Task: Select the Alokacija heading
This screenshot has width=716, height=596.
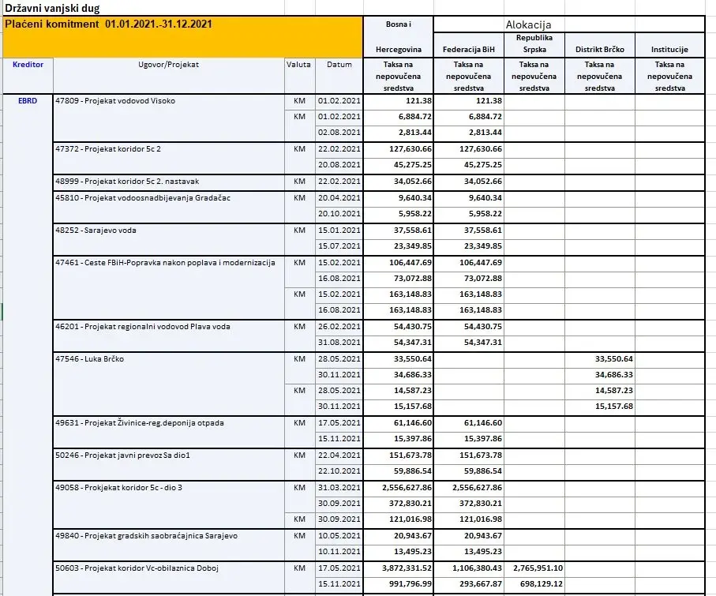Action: [534, 24]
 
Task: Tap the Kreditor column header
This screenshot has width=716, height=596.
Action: [28, 65]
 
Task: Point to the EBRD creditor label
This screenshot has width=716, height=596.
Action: [28, 101]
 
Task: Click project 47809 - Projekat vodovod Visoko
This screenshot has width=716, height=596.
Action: [115, 101]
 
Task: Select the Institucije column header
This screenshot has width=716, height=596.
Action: [669, 49]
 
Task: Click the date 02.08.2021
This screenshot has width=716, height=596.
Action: [339, 133]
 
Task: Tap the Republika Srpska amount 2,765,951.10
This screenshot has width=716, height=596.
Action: [534, 568]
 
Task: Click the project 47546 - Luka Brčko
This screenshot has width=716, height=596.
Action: [89, 359]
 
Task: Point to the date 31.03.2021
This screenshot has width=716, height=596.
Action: [339, 488]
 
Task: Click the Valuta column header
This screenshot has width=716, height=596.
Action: [299, 65]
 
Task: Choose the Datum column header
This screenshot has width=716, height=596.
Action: [339, 65]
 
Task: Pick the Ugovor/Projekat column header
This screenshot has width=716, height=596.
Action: [168, 65]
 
